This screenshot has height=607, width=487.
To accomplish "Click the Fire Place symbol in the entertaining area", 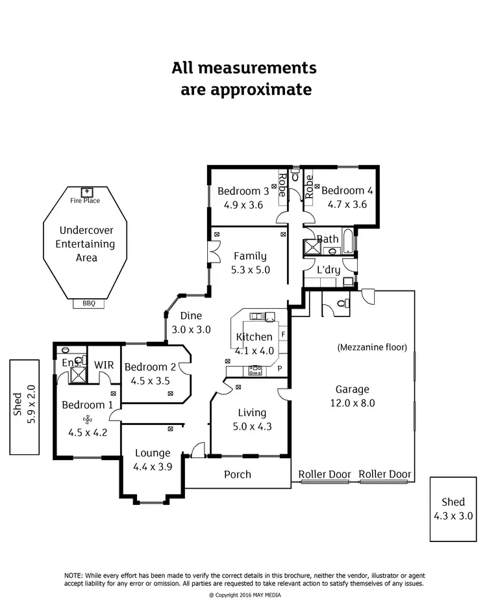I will (85, 191).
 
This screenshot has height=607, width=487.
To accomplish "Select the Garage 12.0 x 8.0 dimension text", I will (352, 402).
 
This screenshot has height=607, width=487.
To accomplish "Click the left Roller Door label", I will (325, 474).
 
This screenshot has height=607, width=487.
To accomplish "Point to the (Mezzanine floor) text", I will (372, 348).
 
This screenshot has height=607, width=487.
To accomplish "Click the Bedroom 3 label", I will (243, 191).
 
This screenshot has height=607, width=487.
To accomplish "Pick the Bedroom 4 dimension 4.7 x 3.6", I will (344, 203).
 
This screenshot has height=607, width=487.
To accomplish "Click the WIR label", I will (104, 365).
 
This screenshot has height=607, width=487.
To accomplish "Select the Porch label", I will (238, 474).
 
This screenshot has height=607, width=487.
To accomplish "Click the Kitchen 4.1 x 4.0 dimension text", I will (255, 350).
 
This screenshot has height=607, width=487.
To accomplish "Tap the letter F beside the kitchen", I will (284, 335).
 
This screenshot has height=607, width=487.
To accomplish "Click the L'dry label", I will (329, 269).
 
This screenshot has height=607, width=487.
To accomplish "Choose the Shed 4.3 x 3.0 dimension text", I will (453, 515).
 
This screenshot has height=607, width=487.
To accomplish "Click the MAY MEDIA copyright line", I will (245, 595).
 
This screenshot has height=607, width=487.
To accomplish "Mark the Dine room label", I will (191, 316).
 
